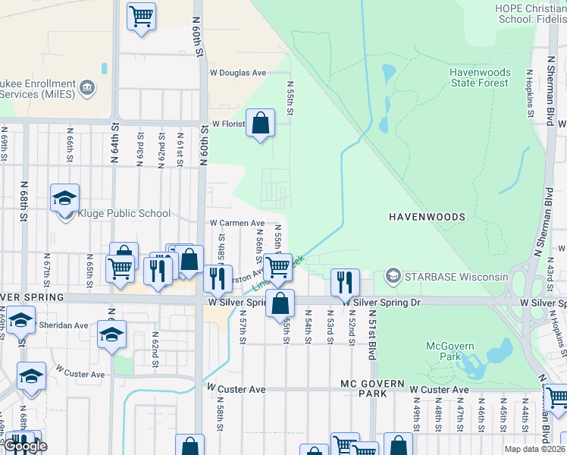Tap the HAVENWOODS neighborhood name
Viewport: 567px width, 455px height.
427,217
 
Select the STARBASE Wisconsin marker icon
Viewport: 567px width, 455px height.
393,276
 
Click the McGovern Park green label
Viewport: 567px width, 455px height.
450,352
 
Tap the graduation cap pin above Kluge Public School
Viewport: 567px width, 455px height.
64,199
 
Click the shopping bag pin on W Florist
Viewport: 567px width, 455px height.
260,124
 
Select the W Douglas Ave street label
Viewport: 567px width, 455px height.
238,73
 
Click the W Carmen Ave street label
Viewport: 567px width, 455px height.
237,224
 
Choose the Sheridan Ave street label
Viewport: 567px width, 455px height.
64,325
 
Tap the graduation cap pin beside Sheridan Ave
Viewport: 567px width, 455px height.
112,334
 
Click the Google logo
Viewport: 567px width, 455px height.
25,446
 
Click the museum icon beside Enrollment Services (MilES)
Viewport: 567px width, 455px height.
87,88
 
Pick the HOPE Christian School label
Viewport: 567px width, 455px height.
530,14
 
